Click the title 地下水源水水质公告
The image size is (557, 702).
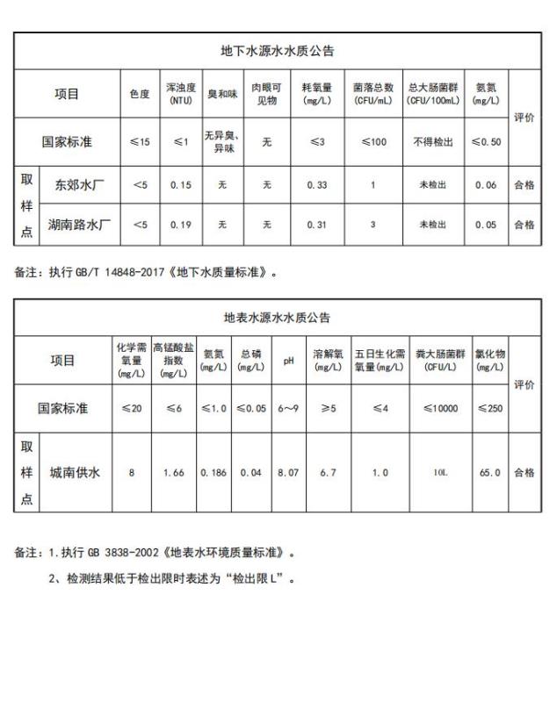coord(277,51)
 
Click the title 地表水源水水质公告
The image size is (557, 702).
coord(277,317)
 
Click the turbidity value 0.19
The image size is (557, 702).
coord(180,225)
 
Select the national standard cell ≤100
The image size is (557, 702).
coord(373,141)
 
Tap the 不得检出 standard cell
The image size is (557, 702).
coord(433,141)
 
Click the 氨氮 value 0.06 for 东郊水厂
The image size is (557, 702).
coord(486,185)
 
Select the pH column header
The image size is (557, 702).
coord(287,361)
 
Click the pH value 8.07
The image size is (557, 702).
coord(287,473)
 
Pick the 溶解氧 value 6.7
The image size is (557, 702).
coord(327,473)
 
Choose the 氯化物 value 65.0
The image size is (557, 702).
coord(489,473)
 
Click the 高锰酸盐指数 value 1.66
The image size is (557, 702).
coord(173,473)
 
